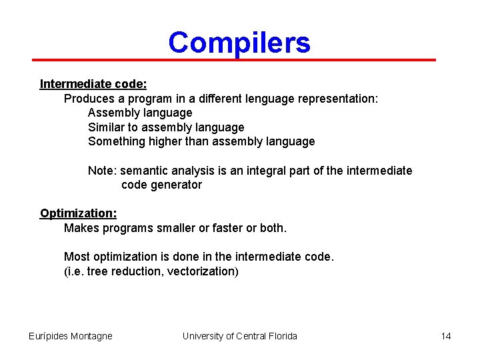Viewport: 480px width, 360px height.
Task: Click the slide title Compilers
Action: (239, 43)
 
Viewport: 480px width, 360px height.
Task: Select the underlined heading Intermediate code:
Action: (93, 84)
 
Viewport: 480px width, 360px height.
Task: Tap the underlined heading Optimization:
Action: (78, 213)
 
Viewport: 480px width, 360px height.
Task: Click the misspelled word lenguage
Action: (261, 99)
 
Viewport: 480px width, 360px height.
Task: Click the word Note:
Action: (102, 171)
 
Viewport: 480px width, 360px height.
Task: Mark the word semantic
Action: (144, 171)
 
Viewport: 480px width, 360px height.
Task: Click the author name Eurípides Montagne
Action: (71, 336)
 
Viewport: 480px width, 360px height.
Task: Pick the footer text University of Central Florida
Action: (239, 336)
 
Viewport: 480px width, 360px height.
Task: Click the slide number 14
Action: (446, 336)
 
